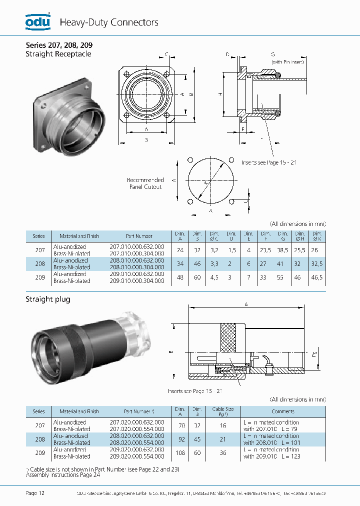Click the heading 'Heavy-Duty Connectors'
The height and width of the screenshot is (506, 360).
(x=109, y=22)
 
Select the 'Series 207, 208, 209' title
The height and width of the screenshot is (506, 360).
(x=59, y=44)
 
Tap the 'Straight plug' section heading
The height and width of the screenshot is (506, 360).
(x=48, y=299)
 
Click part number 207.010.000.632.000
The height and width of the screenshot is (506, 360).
(x=136, y=247)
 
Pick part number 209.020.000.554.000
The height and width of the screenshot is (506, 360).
(x=136, y=456)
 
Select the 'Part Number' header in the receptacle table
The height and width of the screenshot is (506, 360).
(x=139, y=236)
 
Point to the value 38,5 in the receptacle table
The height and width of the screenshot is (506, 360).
(x=283, y=250)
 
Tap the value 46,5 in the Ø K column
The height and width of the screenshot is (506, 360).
(x=317, y=277)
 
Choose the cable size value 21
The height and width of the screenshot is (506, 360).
(x=223, y=439)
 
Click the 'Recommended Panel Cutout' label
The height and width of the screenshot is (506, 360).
(x=145, y=183)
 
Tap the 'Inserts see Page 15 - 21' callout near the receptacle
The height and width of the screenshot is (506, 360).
(x=269, y=162)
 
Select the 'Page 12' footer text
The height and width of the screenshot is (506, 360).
(x=35, y=493)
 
